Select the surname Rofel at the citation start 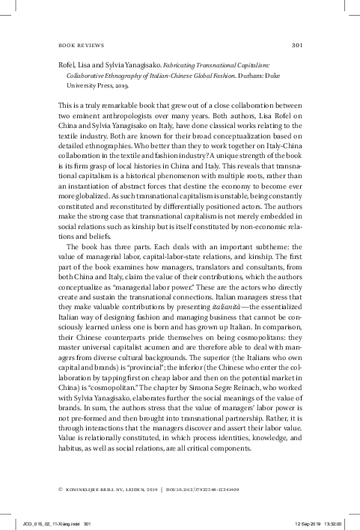tap(68, 65)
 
